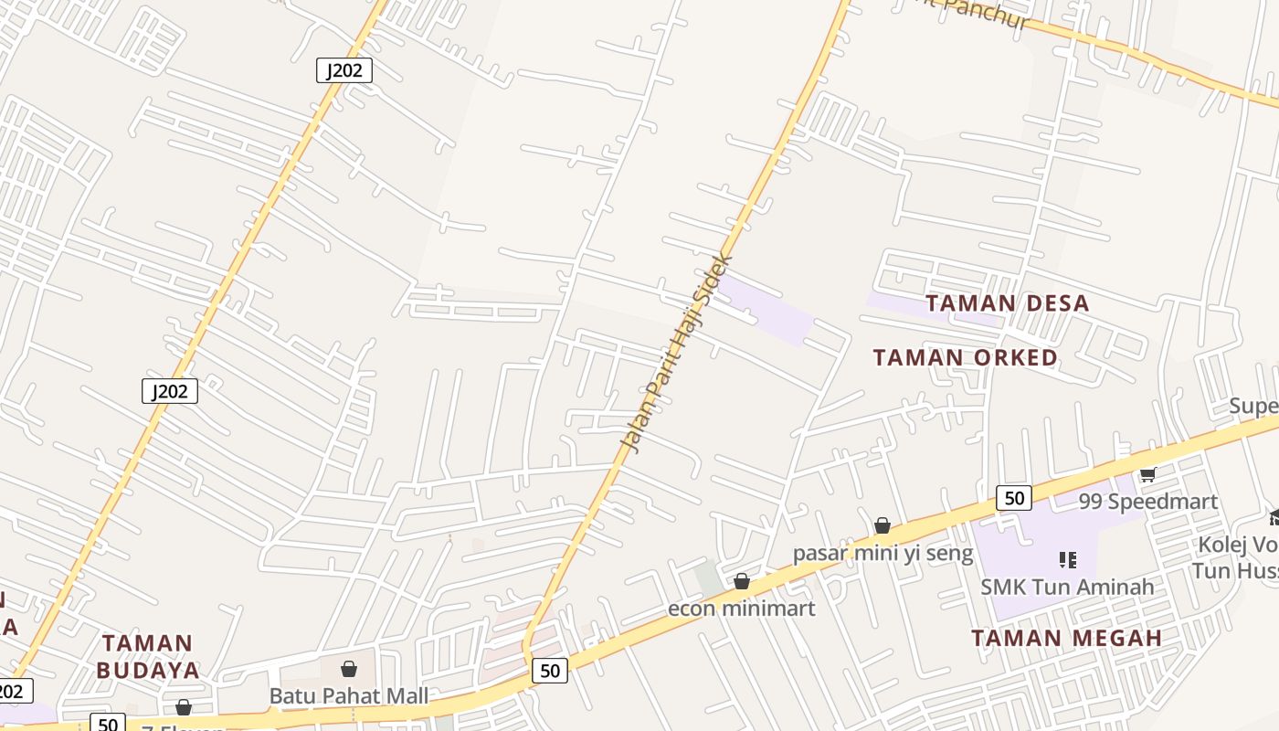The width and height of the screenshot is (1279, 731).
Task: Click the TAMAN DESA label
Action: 1008,303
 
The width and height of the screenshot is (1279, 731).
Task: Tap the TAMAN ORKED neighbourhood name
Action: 965,357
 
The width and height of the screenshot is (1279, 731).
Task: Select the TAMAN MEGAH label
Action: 1066,638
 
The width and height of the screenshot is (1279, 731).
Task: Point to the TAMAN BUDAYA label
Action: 148,656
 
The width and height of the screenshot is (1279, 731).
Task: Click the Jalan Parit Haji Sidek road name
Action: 677,353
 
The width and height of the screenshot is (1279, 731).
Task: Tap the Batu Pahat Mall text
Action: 348,696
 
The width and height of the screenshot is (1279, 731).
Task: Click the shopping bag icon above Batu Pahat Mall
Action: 348,670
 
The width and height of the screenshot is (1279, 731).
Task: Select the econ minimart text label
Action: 741,609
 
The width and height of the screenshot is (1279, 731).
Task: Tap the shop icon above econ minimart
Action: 742,581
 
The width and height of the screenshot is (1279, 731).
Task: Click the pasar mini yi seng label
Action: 883,553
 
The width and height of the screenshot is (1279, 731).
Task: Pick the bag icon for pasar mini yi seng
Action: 883,525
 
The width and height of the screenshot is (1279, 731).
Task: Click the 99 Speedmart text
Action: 1147,502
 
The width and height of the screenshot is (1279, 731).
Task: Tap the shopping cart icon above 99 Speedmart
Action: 1148,474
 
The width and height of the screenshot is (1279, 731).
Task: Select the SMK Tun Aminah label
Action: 1067,587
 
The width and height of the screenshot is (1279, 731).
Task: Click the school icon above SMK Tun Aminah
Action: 1067,559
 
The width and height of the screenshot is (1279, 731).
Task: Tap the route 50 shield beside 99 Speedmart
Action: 1014,498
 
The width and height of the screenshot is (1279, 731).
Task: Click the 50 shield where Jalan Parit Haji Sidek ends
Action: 550,671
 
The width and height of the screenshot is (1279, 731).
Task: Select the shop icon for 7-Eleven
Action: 184,708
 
